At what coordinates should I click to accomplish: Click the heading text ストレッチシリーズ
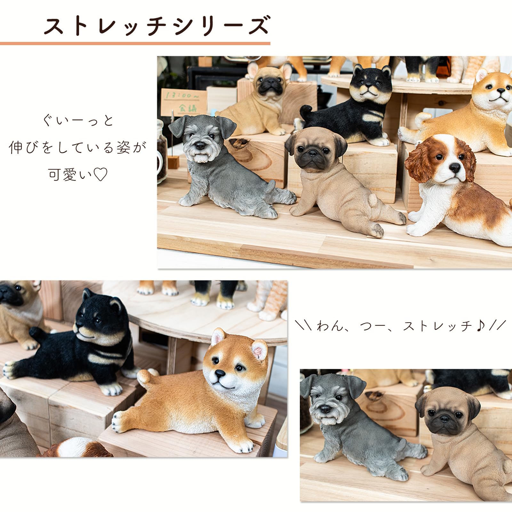[x=157, y=26]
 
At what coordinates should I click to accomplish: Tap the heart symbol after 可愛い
[x=100, y=175]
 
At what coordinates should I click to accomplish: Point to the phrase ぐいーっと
[x=78, y=121]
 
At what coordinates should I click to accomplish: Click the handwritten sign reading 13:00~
[x=181, y=96]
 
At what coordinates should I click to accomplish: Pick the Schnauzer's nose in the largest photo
[x=200, y=146]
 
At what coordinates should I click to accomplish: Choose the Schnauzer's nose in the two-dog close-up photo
[x=325, y=409]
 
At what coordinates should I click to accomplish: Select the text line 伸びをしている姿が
[x=78, y=148]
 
